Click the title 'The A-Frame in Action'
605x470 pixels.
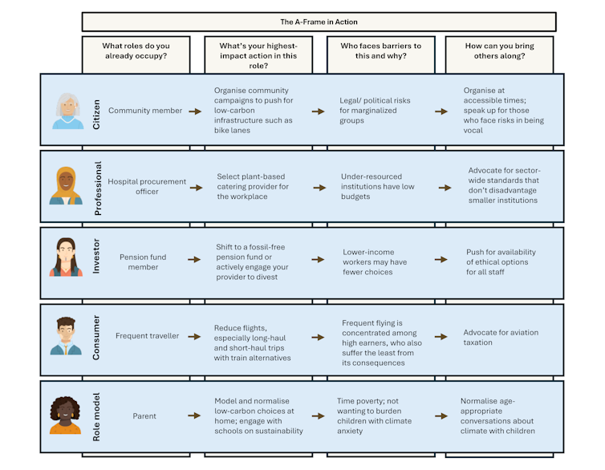[x=319, y=22]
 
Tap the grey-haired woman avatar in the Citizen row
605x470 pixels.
[x=68, y=111]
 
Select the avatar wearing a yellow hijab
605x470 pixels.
[x=66, y=185]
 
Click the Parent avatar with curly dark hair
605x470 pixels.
[x=65, y=415]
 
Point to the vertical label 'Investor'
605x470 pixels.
[x=96, y=256]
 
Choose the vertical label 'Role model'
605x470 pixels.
[x=96, y=417]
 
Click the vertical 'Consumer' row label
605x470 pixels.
[x=96, y=338]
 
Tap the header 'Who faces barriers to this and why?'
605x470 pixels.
[x=381, y=51]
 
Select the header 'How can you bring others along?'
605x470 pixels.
[x=499, y=51]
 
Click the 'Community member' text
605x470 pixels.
[x=145, y=111]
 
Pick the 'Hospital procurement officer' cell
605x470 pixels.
[x=147, y=187]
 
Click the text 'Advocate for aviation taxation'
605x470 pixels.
[x=501, y=338]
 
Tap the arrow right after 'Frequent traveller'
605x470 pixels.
[x=194, y=337]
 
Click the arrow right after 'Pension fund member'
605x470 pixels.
[x=194, y=260]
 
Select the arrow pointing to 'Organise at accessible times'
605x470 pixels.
[x=441, y=111]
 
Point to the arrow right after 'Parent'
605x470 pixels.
[x=194, y=415]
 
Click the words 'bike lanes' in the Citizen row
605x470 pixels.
[x=232, y=130]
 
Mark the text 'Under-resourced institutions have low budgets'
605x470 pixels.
[x=378, y=187]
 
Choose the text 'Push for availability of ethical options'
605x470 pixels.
[x=501, y=257]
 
